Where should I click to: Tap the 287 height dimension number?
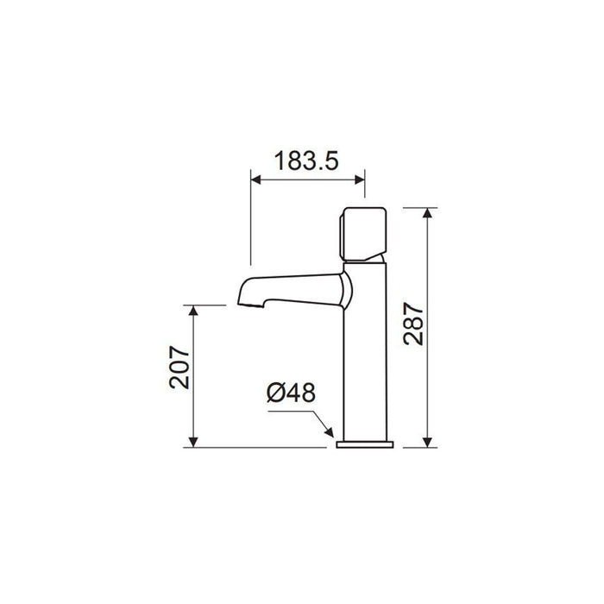[x=413, y=324]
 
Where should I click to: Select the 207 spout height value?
[x=179, y=367]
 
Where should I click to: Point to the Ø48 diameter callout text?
[x=292, y=393]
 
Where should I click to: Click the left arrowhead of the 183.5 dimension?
[x=255, y=179]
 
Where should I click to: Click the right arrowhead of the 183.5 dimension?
[x=360, y=179]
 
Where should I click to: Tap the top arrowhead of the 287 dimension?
[x=427, y=213]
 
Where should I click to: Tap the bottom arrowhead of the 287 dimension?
[x=427, y=442]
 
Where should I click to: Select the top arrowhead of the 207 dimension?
[x=193, y=311]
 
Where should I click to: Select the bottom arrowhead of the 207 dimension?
[x=193, y=442]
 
